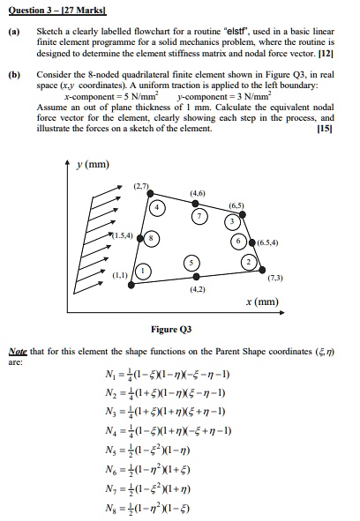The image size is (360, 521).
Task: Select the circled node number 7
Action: [202, 216]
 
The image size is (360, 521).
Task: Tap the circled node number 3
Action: [234, 220]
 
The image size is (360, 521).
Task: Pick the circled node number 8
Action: [152, 239]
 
